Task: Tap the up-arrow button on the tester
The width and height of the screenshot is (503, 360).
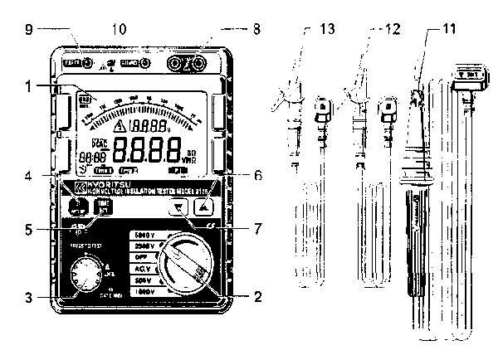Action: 203,208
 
